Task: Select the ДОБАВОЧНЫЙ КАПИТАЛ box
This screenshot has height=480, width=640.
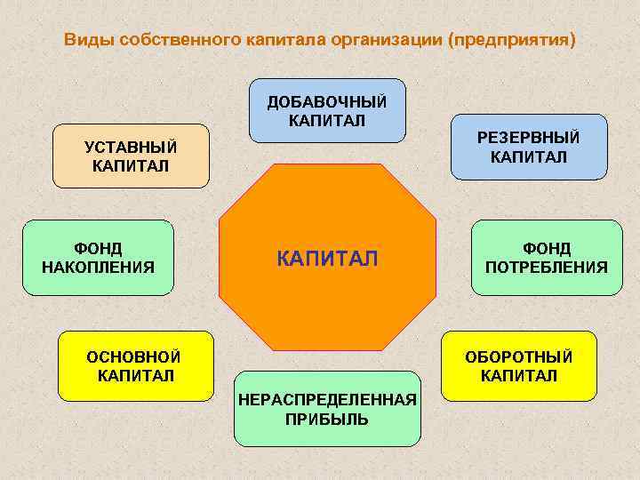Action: click(x=327, y=111)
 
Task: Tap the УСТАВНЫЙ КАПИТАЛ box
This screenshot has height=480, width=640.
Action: click(x=131, y=156)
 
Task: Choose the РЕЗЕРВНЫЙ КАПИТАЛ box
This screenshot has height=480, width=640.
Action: click(x=528, y=147)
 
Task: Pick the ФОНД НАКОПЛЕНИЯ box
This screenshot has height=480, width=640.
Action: click(x=98, y=257)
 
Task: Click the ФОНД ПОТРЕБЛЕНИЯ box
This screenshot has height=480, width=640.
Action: click(x=547, y=257)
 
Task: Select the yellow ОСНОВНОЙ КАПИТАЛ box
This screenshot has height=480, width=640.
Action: click(x=135, y=365)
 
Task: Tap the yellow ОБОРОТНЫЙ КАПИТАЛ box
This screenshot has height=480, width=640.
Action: click(x=519, y=365)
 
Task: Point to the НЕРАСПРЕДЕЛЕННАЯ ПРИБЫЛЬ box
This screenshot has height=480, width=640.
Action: click(x=327, y=408)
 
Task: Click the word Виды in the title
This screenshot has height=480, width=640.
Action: click(x=85, y=40)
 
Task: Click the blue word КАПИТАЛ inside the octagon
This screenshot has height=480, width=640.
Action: click(x=327, y=259)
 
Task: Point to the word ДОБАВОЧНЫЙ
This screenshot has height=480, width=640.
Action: click(x=327, y=101)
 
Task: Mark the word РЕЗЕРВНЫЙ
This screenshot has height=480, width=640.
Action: click(x=528, y=138)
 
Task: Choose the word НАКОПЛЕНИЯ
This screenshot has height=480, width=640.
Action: click(x=98, y=267)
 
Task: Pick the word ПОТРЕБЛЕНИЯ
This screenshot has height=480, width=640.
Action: click(x=547, y=267)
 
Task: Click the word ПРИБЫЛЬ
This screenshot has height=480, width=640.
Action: click(x=327, y=419)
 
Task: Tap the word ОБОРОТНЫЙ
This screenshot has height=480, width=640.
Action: click(x=519, y=356)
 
